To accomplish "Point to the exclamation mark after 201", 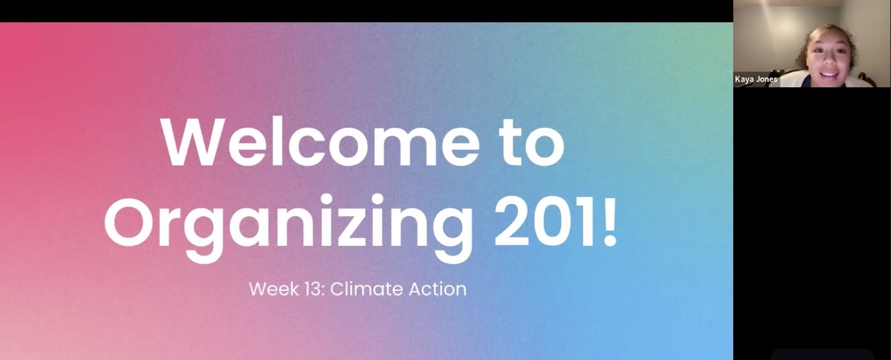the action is [609, 222].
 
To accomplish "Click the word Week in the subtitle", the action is [274, 289].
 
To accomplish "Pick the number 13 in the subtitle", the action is [313, 289].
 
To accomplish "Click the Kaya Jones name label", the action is [756, 79].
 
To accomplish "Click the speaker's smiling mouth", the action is [830, 74].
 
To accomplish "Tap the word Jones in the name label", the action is [767, 79].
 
